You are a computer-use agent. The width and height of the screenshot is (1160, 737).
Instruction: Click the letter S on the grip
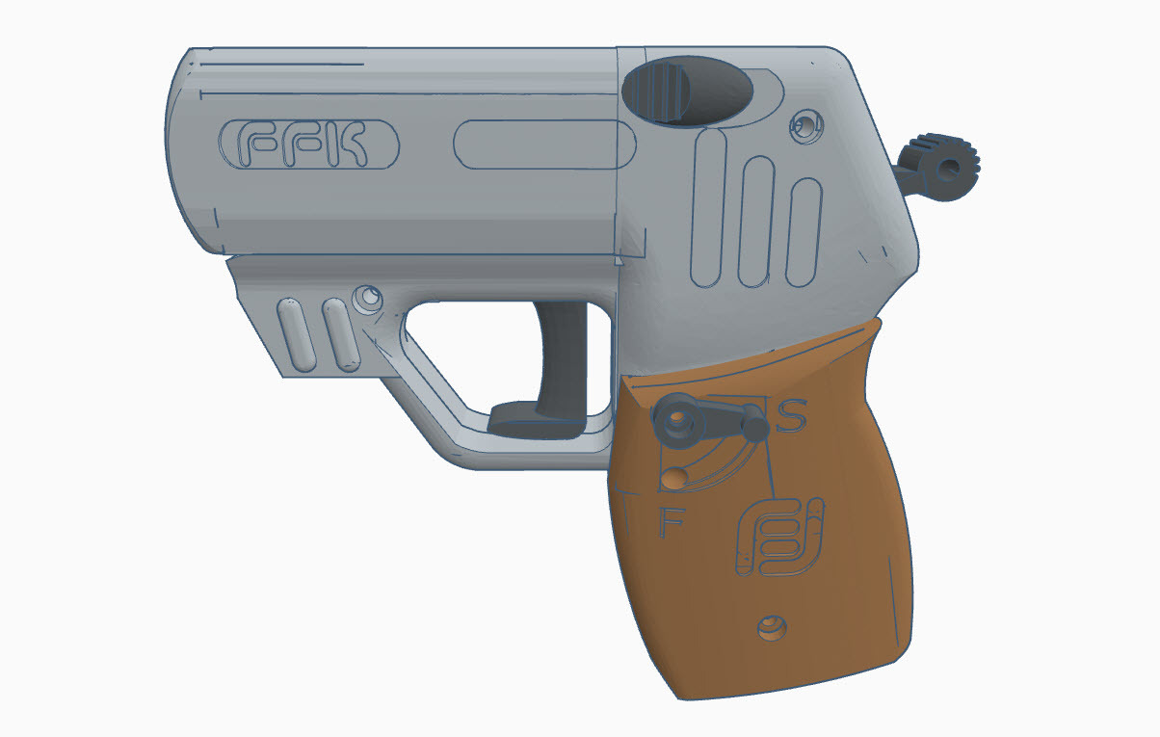coord(791,416)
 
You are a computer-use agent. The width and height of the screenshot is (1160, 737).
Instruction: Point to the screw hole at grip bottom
coord(771,628)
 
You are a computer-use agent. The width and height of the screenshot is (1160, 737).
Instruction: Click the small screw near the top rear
coord(804,122)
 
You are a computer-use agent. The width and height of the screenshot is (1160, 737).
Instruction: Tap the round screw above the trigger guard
coord(366,298)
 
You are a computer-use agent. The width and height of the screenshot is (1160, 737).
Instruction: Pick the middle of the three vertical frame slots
coord(757,222)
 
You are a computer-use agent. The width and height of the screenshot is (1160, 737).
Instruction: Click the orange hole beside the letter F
coord(675,476)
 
